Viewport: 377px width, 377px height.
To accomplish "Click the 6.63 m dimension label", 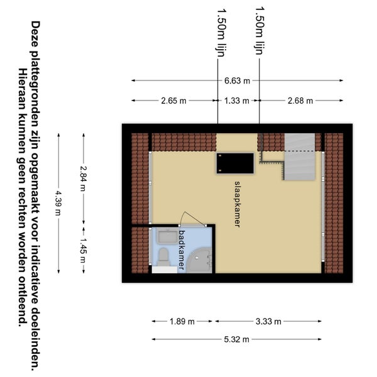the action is pos(237,81).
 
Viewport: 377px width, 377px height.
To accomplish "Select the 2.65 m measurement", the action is pos(173,101).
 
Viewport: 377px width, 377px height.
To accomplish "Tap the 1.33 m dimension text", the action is pos(237,101).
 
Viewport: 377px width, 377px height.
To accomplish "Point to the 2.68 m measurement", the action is pos(300,101).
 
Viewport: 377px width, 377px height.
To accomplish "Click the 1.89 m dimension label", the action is pos(182,322).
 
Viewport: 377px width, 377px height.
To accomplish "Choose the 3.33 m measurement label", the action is pos(268,322).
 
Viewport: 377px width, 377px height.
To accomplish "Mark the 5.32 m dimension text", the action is pos(237,339).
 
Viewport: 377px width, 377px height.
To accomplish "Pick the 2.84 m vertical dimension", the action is pos(83,178).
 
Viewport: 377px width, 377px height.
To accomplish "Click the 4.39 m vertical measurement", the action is pos(58,203).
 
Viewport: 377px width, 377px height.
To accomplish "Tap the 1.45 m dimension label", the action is pos(83,251).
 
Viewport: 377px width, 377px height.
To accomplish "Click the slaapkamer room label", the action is pos(238,204).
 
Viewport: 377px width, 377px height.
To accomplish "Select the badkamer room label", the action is pos(182,250).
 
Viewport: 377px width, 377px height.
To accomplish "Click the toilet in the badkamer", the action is pos(163,257).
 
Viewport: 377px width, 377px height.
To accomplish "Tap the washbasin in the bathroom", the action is pos(167,236).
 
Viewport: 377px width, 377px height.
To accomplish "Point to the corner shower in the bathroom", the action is pos(199,261).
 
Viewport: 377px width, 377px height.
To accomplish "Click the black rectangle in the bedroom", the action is pos(235,163).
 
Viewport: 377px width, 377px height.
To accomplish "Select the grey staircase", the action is pos(300,156).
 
